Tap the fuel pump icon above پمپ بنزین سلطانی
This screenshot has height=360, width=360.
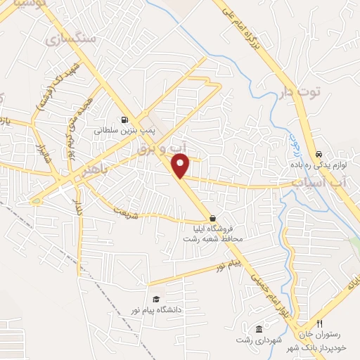pos(124,119)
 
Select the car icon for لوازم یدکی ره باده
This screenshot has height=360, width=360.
pos(319,153)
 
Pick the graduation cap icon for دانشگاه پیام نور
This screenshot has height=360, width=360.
pos(155,299)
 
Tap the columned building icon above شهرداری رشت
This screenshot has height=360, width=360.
pos(259,330)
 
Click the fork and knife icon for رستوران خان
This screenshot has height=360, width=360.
pos(319,323)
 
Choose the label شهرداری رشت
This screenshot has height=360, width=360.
pos(260,340)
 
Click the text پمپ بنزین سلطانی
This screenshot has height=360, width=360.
pos(118,130)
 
